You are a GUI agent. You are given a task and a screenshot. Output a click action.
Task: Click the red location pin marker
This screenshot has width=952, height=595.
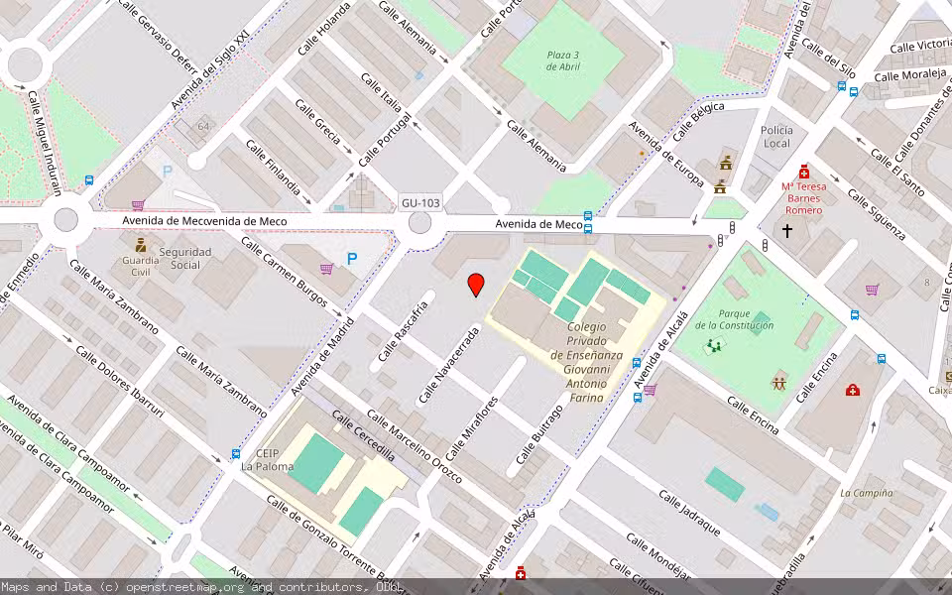click(x=476, y=284)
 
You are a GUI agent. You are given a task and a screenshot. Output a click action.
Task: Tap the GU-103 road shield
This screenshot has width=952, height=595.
click(x=420, y=203)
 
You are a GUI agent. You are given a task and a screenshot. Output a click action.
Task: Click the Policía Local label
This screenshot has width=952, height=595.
click(x=776, y=137)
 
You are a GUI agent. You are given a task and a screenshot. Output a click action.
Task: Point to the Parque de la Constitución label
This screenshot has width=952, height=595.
click(x=734, y=319)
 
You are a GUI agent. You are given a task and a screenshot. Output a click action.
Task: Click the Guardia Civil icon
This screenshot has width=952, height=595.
click(x=140, y=243)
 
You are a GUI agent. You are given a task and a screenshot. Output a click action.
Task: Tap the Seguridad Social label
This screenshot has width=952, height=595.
click(x=185, y=258)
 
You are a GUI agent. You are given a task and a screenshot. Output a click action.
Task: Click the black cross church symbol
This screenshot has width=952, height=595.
click(x=787, y=231)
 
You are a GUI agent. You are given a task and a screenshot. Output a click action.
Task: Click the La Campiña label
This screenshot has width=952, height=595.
click(x=866, y=493)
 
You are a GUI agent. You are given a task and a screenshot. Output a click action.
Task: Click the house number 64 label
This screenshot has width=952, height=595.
click(x=203, y=126)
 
